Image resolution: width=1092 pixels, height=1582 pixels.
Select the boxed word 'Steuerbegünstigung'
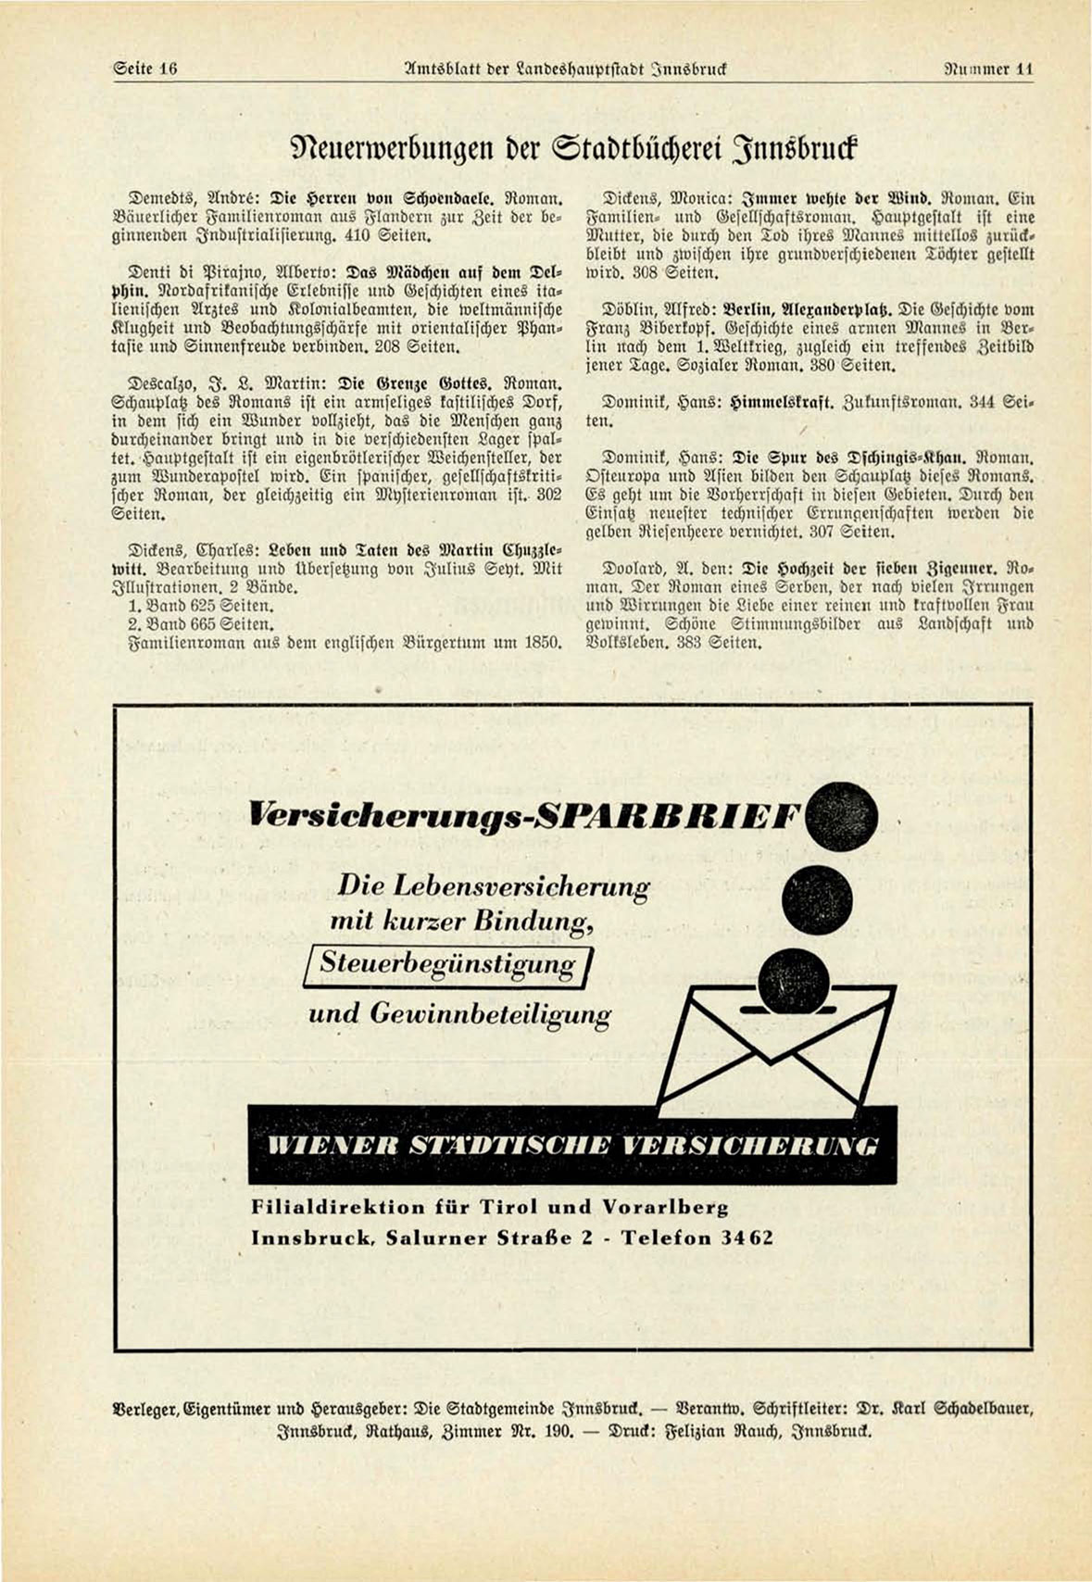coord(447,964)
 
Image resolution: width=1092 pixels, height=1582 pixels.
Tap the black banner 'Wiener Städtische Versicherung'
coord(571,1144)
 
